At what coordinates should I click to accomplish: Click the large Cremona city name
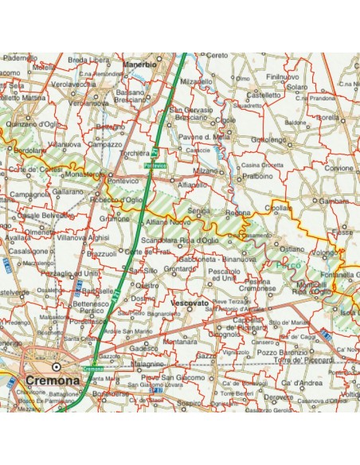click(x=53, y=381)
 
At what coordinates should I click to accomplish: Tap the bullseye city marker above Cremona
click(x=56, y=366)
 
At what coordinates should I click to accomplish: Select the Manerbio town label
click(x=139, y=62)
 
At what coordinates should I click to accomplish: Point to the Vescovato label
click(x=190, y=303)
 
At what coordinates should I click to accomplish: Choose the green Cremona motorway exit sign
click(x=93, y=369)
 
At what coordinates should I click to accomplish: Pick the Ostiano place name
click(x=291, y=248)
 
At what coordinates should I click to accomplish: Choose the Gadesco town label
click(x=143, y=348)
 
